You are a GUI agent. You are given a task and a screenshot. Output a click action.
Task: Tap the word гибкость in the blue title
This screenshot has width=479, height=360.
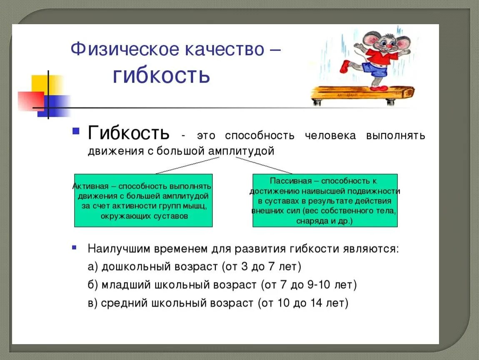click(x=161, y=75)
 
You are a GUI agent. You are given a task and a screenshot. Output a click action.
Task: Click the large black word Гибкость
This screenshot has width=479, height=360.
click(x=129, y=133)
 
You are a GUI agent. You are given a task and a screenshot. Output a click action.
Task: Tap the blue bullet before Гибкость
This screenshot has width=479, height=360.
click(x=75, y=131)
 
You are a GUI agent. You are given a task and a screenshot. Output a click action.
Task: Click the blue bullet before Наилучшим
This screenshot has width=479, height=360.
click(x=75, y=247)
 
